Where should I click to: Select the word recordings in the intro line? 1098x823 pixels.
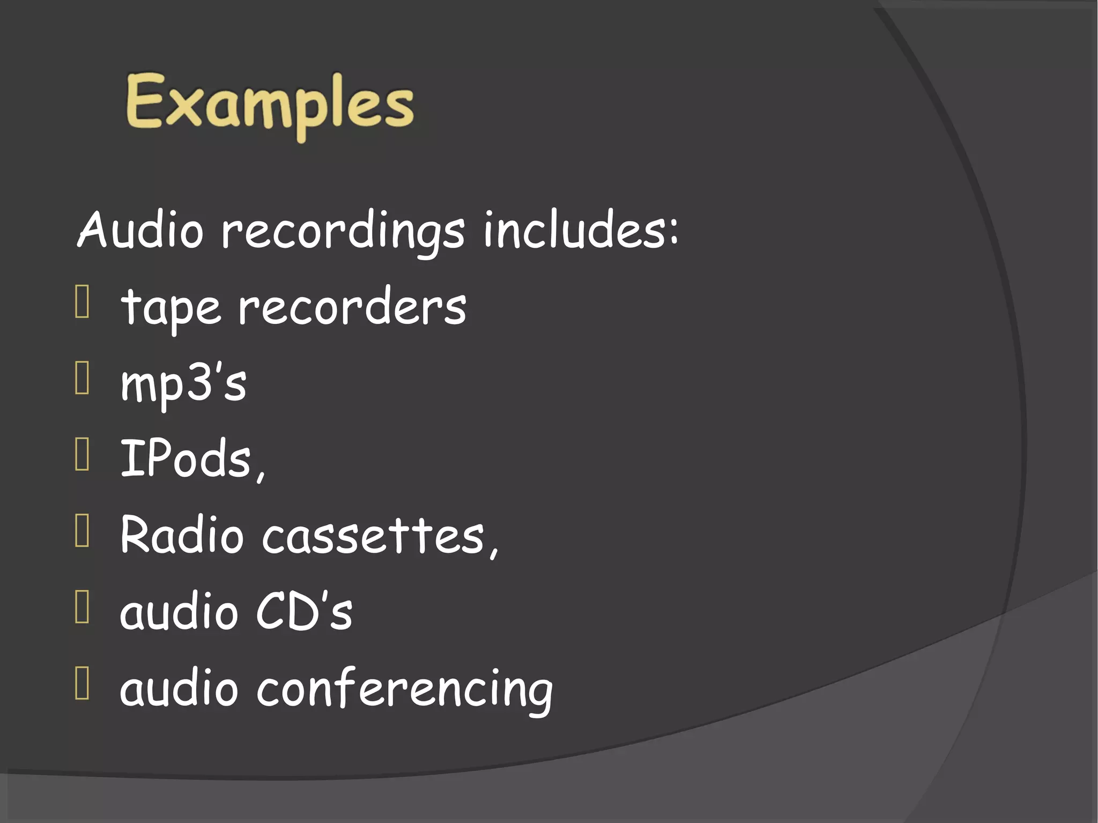[343, 232]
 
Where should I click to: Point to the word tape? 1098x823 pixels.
[171, 308]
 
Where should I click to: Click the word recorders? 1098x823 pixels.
[352, 307]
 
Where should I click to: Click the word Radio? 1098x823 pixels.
[182, 535]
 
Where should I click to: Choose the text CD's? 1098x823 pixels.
[304, 611]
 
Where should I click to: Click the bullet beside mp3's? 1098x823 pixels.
[82, 378]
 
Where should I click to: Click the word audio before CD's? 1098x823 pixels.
[179, 611]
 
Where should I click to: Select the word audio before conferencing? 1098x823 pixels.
[179, 688]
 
